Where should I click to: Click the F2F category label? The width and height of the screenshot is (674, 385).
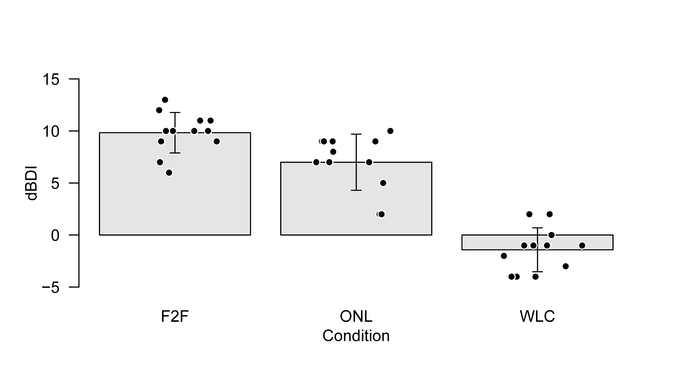coord(175,317)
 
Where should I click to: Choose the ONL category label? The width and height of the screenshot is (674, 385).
coord(356,317)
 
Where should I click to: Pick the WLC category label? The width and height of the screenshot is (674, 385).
coord(537,317)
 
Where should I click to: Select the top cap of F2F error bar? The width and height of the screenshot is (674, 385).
coord(175,113)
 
